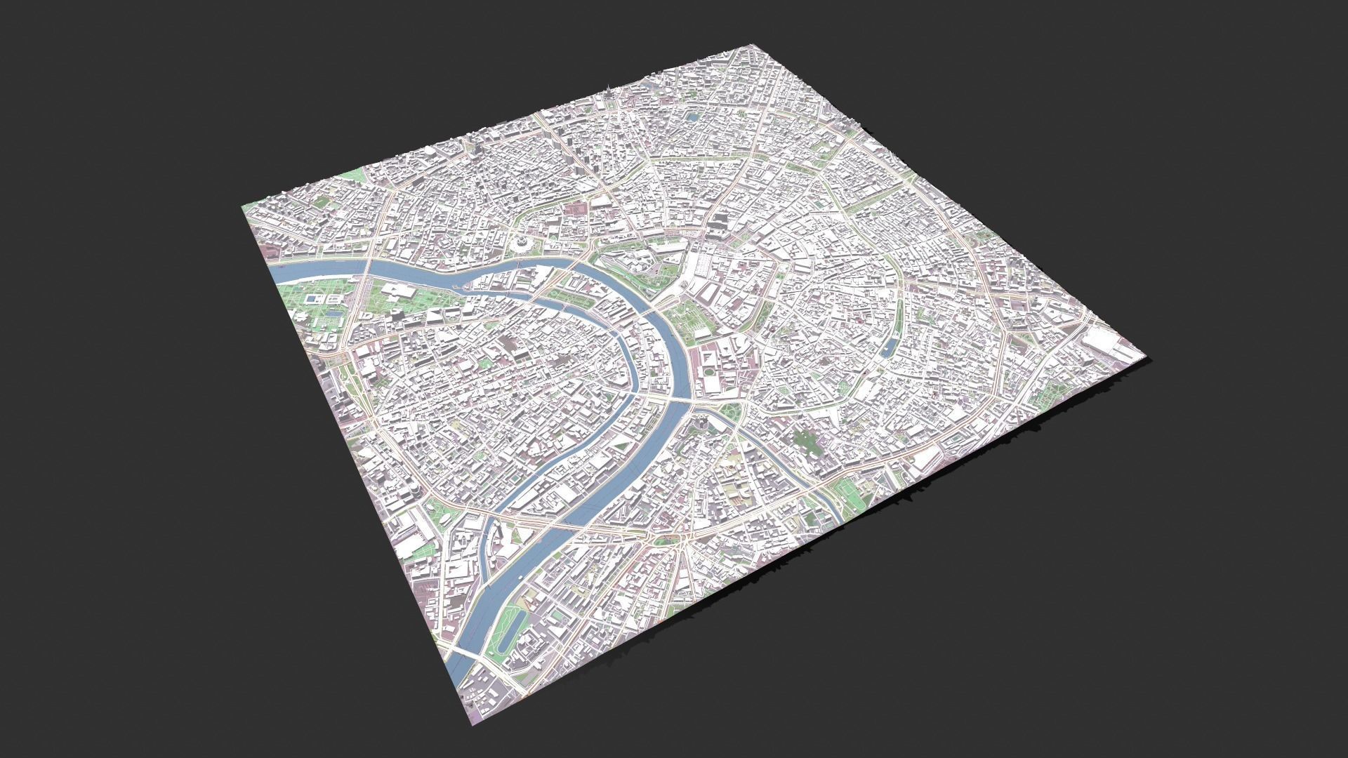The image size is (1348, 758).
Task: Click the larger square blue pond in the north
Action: pos(693,118)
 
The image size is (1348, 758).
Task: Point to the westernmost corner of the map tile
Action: pos(242,206)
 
